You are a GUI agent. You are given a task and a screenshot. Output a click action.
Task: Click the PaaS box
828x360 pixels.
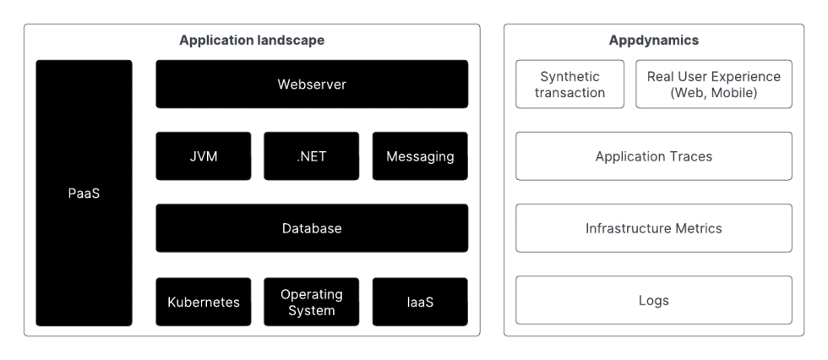84,193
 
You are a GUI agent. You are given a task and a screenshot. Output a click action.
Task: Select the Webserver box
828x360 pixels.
312,84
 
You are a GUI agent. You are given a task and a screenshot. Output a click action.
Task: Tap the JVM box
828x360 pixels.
204,156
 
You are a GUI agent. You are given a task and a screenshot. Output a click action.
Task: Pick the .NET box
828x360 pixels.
312,156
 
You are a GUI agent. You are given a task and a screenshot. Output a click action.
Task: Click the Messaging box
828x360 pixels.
420,156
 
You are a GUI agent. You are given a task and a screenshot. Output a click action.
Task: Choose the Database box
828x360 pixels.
312,228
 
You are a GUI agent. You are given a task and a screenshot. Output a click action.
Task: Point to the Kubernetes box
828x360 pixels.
204,302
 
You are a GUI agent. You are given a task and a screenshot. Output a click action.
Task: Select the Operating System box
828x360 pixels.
312,302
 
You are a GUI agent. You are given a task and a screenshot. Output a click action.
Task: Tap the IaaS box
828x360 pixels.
420,302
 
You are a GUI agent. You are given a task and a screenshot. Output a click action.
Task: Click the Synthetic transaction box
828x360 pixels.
569,84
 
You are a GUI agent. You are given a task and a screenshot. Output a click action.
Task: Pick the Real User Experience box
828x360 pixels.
714,84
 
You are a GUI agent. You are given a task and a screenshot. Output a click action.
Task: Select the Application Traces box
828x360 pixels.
654,156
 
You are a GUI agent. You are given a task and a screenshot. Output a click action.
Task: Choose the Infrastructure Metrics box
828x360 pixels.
654,228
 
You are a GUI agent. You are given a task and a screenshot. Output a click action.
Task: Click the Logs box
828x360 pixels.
654,300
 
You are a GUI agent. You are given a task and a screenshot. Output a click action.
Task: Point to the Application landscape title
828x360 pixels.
252,40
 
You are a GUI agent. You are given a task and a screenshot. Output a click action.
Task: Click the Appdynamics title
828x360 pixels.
654,41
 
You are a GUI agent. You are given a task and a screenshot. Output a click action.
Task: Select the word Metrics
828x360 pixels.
699,228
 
